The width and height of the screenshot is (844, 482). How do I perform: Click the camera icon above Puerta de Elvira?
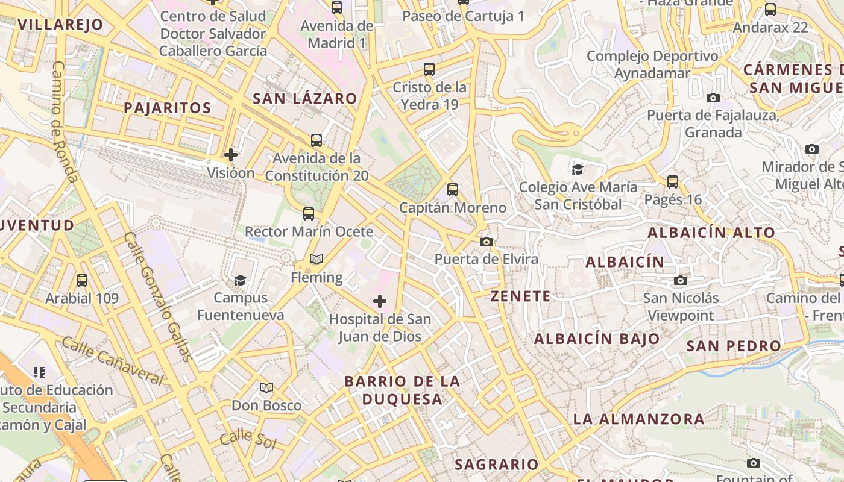[x=487, y=242]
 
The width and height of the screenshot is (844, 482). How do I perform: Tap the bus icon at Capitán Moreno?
[x=453, y=190]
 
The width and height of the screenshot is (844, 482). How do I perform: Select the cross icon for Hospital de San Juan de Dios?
[x=380, y=301]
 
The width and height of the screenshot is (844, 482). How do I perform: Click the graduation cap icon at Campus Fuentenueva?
[x=240, y=280]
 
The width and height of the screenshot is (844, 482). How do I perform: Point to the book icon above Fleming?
[x=316, y=260]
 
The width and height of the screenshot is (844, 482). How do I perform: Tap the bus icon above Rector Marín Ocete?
[x=309, y=213]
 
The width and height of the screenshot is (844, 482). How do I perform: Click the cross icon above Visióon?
[x=231, y=155]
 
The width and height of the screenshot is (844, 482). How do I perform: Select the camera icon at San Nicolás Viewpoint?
[x=681, y=280]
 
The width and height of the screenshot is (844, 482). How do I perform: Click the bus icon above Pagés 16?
[x=673, y=181]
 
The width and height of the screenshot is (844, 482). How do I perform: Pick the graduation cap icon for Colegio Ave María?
[x=578, y=169]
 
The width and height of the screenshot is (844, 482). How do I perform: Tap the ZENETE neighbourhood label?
[x=520, y=296]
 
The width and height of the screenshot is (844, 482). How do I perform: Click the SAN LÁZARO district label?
[x=304, y=98]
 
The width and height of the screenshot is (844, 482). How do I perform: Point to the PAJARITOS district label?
[x=167, y=108]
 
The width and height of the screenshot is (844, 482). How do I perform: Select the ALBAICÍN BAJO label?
[x=597, y=339]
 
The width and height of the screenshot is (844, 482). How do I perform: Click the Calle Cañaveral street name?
[x=113, y=361]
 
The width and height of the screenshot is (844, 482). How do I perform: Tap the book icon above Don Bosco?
[x=266, y=387]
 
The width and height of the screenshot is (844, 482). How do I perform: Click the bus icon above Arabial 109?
[x=82, y=280]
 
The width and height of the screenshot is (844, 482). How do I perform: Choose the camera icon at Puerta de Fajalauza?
[x=713, y=98]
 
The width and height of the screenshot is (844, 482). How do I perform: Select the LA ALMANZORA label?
[x=638, y=419]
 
